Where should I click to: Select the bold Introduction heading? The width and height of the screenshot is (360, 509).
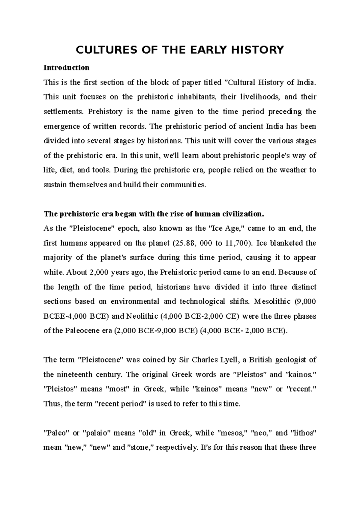pyautogui.click(x=66, y=67)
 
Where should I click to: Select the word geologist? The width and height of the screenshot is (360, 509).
pyautogui.click(x=290, y=360)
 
